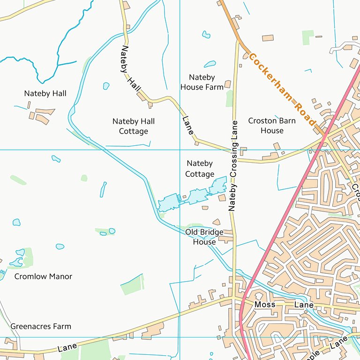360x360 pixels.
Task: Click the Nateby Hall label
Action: point(45,93)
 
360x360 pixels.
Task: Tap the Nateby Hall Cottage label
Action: point(134,126)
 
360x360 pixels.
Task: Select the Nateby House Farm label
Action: point(202,82)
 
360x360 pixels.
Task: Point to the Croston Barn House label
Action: point(272,126)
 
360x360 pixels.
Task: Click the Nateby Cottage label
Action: point(200,169)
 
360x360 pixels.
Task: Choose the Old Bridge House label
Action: point(204,237)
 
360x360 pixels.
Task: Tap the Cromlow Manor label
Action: point(43,276)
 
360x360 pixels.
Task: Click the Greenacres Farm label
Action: point(41,326)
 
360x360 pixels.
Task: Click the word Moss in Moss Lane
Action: point(265,305)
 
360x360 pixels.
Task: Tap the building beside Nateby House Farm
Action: point(228,84)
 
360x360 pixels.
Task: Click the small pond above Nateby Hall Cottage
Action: point(106,86)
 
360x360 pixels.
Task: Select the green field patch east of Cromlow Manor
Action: point(132,285)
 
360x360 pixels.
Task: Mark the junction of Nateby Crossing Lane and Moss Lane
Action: point(233,296)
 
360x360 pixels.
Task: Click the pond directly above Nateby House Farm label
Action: point(210,64)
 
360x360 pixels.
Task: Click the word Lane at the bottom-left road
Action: point(67,348)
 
